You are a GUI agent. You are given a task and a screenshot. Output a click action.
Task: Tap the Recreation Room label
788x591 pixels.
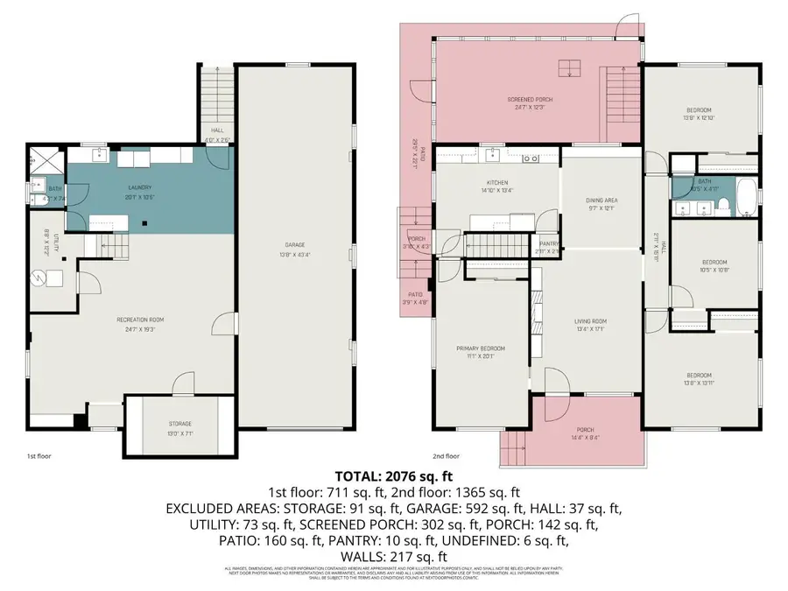[141, 320]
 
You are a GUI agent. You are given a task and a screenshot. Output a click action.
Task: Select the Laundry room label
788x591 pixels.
[140, 186]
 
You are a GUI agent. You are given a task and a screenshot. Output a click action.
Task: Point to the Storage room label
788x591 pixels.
[179, 423]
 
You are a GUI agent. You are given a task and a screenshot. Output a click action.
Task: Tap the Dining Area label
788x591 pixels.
[602, 201]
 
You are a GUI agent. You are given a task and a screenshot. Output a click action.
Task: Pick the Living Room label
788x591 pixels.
[590, 321]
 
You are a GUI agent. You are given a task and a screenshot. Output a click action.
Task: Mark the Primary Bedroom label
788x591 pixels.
[481, 348]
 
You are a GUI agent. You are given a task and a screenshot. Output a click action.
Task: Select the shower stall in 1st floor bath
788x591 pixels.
[38, 158]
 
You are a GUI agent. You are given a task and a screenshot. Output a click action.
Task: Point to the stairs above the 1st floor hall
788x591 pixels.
[217, 97]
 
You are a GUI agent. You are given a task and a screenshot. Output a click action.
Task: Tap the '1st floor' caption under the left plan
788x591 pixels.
[39, 456]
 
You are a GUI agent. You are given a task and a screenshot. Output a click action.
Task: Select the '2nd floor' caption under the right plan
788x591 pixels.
[446, 456]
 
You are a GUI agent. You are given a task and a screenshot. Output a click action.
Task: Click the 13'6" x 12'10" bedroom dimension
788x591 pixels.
[698, 117]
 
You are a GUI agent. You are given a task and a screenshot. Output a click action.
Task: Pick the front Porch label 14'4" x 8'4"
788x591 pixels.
[584, 429]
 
